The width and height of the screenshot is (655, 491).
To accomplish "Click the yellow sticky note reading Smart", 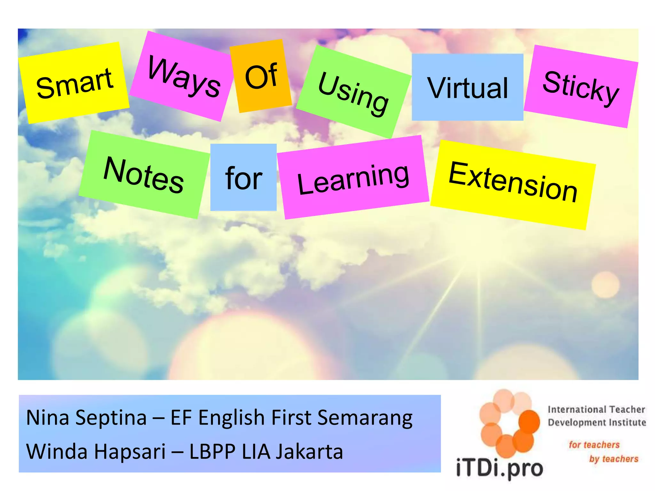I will (74, 83).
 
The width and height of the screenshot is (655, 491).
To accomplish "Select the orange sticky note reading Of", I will (261, 76).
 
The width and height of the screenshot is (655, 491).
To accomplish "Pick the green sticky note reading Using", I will (353, 92).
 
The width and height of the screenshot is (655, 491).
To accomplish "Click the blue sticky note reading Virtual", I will (467, 87).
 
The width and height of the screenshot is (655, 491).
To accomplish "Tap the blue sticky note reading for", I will (243, 177).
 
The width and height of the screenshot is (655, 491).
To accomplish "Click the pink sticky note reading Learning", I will (353, 178).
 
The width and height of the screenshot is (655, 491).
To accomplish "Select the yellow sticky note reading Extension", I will (513, 184).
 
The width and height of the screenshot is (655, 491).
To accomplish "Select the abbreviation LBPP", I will (212, 452).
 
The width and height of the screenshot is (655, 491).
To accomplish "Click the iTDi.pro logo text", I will (499, 469).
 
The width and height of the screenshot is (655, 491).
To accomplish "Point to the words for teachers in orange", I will (594, 445).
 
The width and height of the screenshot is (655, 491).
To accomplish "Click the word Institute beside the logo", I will (627, 423).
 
